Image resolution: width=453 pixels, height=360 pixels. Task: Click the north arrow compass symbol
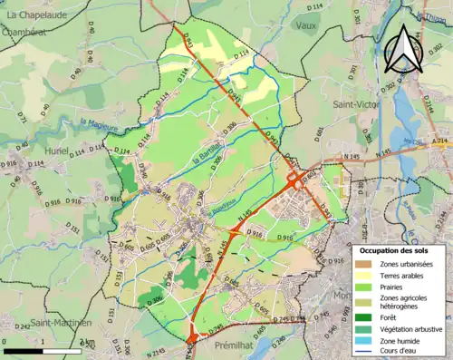(x=402, y=49)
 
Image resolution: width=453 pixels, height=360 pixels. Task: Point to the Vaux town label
(x=306, y=25)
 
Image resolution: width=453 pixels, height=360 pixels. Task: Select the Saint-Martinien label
(x=61, y=323)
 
